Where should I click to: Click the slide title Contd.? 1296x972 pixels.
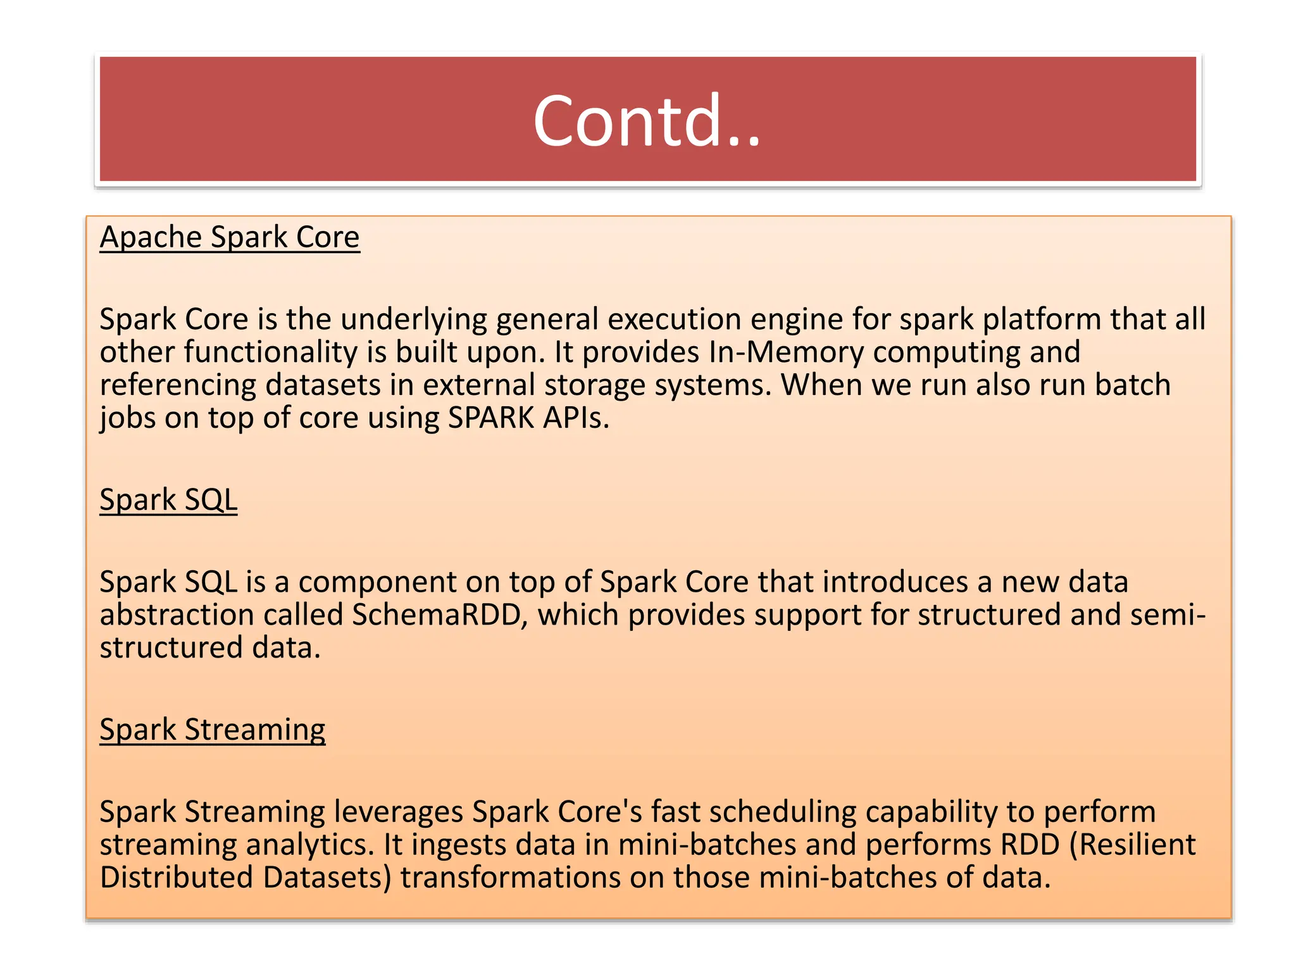647,120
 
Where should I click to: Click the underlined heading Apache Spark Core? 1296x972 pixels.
230,237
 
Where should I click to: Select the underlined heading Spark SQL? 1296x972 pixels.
168,500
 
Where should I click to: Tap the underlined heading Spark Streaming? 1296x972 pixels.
213,730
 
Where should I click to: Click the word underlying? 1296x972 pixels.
414,320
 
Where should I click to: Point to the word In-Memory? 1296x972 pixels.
787,352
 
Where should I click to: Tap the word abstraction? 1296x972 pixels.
177,615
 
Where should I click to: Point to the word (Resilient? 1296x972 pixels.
1132,845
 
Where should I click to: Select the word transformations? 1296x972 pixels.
510,878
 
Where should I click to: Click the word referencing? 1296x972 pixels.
178,385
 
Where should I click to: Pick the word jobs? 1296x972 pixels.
127,418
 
